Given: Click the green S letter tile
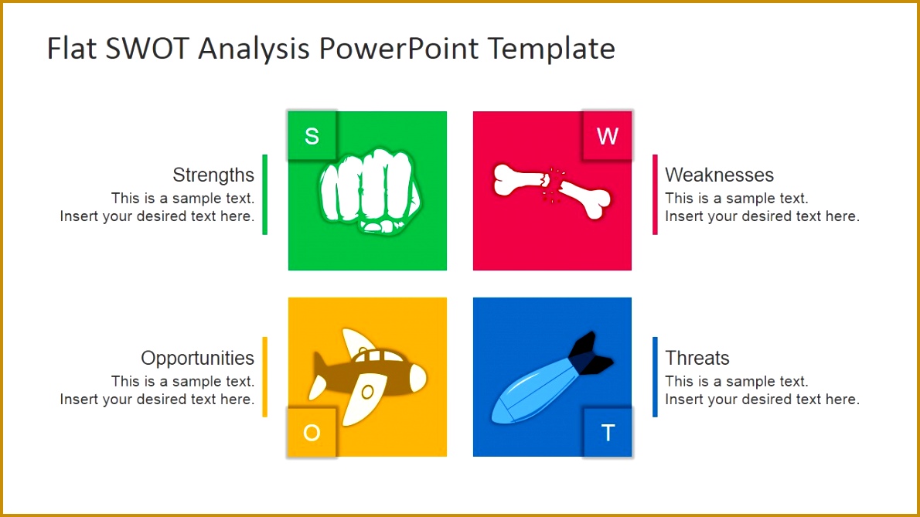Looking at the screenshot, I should [x=312, y=136].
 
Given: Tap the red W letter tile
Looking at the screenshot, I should [x=607, y=136].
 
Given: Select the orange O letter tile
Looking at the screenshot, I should [x=312, y=432].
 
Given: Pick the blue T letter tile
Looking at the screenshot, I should [x=607, y=432].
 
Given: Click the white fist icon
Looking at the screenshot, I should [x=369, y=190].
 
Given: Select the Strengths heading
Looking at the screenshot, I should [x=213, y=175].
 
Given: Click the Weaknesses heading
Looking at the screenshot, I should [x=719, y=175].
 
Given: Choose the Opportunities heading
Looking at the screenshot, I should [x=197, y=358].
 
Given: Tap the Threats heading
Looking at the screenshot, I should [x=697, y=358].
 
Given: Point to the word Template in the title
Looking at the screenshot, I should [x=552, y=49].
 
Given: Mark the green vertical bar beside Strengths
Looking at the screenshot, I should [x=264, y=194].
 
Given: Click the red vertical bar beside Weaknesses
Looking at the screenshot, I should [x=655, y=194].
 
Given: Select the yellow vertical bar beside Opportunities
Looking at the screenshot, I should [x=264, y=376].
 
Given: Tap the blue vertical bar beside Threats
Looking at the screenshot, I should [x=655, y=376].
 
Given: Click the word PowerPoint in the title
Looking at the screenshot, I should [x=400, y=49].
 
